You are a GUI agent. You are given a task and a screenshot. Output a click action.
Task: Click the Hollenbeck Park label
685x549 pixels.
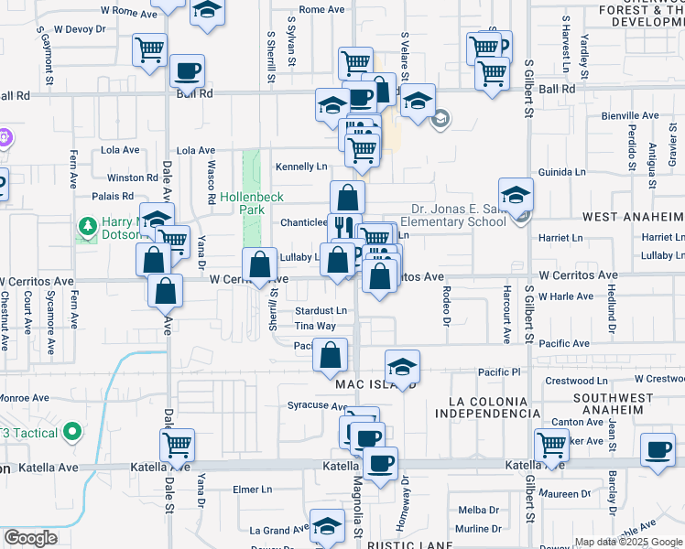(252, 203)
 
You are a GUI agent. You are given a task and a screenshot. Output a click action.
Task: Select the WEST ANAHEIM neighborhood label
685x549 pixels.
(633, 216)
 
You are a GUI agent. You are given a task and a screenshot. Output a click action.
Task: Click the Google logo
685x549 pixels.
(30, 538)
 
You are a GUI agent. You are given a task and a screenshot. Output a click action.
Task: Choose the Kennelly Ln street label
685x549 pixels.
(301, 167)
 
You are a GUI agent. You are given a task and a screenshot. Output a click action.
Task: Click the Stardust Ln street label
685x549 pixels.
(321, 311)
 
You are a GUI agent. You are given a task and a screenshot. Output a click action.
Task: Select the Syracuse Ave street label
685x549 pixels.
(314, 404)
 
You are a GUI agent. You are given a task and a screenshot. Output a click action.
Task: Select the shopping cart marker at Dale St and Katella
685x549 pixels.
(177, 445)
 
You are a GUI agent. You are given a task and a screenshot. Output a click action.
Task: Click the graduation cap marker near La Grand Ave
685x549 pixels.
(326, 525)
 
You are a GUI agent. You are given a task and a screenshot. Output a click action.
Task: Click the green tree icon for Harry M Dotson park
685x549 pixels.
(89, 225)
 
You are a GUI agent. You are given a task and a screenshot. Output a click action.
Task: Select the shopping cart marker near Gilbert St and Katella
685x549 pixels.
(551, 445)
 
